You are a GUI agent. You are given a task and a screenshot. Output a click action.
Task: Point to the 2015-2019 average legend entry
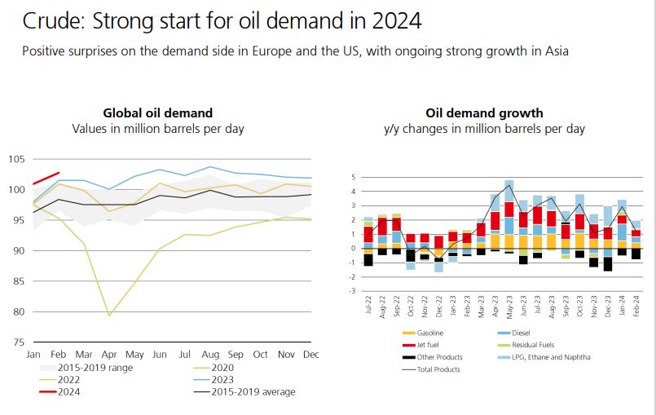(253, 392)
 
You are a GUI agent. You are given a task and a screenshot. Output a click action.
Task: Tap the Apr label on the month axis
(109, 355)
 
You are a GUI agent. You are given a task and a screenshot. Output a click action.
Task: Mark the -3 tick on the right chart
(354, 290)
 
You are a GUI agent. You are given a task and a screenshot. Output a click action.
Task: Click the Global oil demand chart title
(157, 113)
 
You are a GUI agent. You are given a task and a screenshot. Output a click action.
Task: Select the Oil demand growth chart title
(484, 113)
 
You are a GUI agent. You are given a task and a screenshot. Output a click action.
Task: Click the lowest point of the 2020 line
(109, 315)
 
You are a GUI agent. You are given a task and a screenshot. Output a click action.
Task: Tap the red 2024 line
(46, 178)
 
